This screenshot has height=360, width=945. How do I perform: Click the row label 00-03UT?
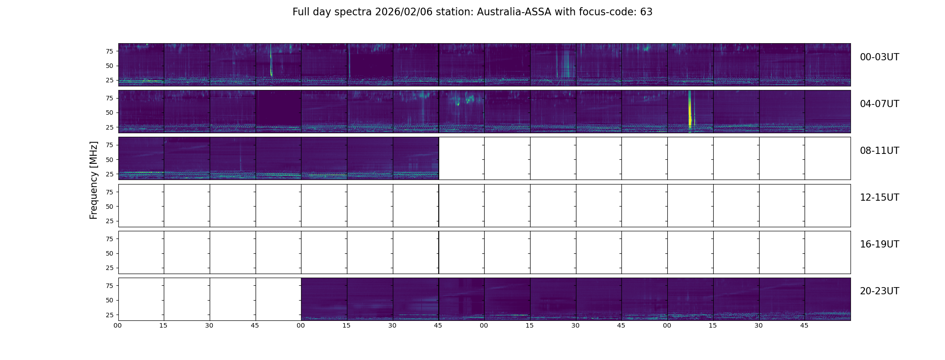click(x=879, y=57)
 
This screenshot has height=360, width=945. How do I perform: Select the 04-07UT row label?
click(x=879, y=104)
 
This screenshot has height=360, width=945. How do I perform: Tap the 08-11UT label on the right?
click(x=879, y=151)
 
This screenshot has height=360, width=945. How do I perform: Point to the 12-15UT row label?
click(x=879, y=198)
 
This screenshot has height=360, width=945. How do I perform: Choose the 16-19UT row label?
click(x=879, y=244)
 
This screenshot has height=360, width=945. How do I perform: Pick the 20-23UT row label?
click(x=879, y=291)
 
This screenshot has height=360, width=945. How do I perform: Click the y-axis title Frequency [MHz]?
click(x=94, y=180)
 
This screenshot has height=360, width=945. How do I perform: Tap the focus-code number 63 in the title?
click(x=646, y=12)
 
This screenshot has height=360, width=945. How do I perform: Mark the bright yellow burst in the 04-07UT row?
click(x=690, y=115)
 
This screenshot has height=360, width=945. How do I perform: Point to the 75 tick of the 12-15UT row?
click(x=109, y=192)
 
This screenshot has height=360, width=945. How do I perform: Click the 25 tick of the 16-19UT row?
click(x=109, y=268)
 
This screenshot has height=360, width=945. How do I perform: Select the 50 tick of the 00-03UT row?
click(x=109, y=66)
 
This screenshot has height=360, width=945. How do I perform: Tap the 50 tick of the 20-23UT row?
click(x=109, y=301)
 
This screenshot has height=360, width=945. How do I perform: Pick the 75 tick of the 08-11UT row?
click(x=109, y=145)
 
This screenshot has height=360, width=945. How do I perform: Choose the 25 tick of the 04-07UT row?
click(x=109, y=128)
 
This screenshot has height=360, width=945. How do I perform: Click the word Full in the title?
click(x=300, y=12)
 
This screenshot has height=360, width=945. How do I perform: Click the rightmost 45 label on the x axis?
click(x=804, y=326)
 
